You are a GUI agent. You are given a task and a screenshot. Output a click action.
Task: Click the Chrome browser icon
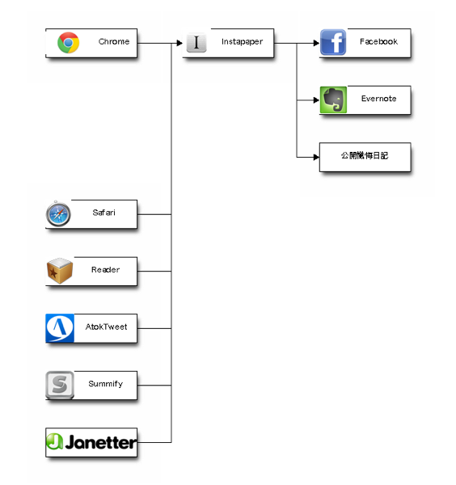pyautogui.click(x=69, y=43)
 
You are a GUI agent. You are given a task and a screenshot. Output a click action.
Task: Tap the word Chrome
pyautogui.click(x=114, y=41)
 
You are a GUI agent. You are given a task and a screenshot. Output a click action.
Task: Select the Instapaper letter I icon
pyautogui.click(x=196, y=42)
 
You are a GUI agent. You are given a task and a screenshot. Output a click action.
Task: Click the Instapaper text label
pyautogui.click(x=242, y=42)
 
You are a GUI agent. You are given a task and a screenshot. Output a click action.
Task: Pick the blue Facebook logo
pyautogui.click(x=333, y=42)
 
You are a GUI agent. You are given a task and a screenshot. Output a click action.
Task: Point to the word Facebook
pyautogui.click(x=378, y=41)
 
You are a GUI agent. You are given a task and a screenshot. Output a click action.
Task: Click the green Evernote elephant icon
pyautogui.click(x=333, y=99)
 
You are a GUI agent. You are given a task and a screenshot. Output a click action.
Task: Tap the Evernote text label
pyautogui.click(x=378, y=99)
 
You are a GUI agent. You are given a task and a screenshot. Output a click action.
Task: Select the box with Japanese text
pyautogui.click(x=365, y=157)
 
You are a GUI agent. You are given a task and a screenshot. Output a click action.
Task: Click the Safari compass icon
pyautogui.click(x=58, y=213)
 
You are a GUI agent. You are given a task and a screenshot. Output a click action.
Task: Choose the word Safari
pyautogui.click(x=103, y=213)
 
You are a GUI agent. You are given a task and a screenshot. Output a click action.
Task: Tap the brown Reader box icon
pyautogui.click(x=60, y=271)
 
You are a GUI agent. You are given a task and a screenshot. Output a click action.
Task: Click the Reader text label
pyautogui.click(x=105, y=270)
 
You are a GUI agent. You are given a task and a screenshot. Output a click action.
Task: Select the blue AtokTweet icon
pyautogui.click(x=60, y=328)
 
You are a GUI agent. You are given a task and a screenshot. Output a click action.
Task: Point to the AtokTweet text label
pyautogui.click(x=106, y=327)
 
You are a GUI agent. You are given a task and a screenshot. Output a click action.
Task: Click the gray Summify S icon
pyautogui.click(x=60, y=385)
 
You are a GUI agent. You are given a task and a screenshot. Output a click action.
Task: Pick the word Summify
pyautogui.click(x=105, y=384)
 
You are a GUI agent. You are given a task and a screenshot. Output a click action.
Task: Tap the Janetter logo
pyautogui.click(x=91, y=442)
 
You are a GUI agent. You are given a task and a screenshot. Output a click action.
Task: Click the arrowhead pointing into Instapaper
pyautogui.click(x=179, y=43)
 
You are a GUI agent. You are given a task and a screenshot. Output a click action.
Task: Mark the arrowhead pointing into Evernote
pyautogui.click(x=316, y=100)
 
